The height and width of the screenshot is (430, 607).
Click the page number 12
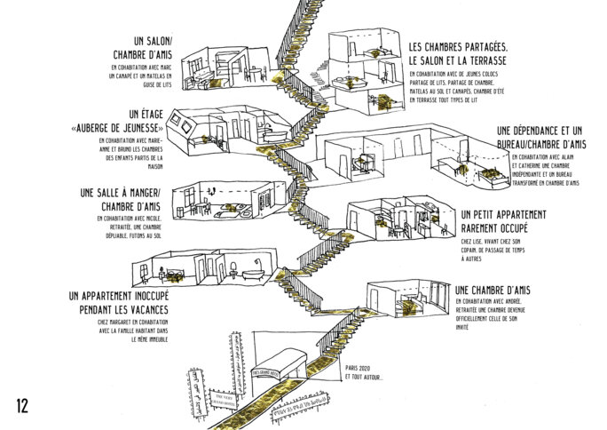tap(22, 406)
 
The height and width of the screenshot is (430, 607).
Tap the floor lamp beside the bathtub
tap(253, 264)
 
